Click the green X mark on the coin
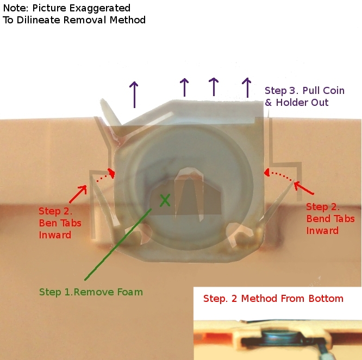tap(165, 200)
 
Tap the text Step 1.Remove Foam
tap(91, 292)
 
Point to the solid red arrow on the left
tap(78, 193)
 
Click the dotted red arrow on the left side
tap(105, 175)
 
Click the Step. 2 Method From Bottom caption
tap(273, 299)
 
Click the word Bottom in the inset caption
tap(327, 299)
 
